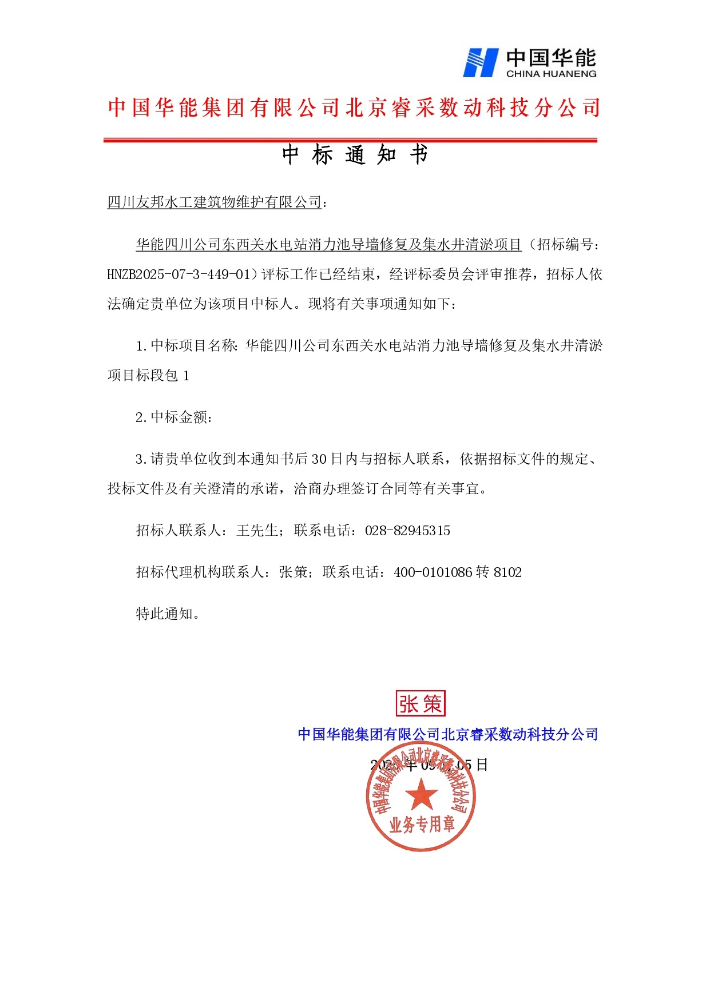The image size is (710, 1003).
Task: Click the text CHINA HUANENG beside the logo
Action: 551,74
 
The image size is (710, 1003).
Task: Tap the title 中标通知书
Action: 355,155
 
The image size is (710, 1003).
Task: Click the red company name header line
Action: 354,108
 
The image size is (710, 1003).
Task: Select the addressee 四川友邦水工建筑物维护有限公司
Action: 215,202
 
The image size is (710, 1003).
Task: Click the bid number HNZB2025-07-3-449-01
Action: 179,274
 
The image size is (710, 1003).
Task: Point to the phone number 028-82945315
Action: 407,531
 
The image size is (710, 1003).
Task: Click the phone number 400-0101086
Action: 433,572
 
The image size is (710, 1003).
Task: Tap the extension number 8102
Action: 507,572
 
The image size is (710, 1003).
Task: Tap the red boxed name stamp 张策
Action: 421,704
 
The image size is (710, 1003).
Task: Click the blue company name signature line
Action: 447,734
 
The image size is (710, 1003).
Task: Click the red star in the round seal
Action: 421,795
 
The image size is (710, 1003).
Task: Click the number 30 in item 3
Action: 319,459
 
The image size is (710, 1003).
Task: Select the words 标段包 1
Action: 162,376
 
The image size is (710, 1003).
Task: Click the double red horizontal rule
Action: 350,140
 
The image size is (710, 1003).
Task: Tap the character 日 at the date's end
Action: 482,765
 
